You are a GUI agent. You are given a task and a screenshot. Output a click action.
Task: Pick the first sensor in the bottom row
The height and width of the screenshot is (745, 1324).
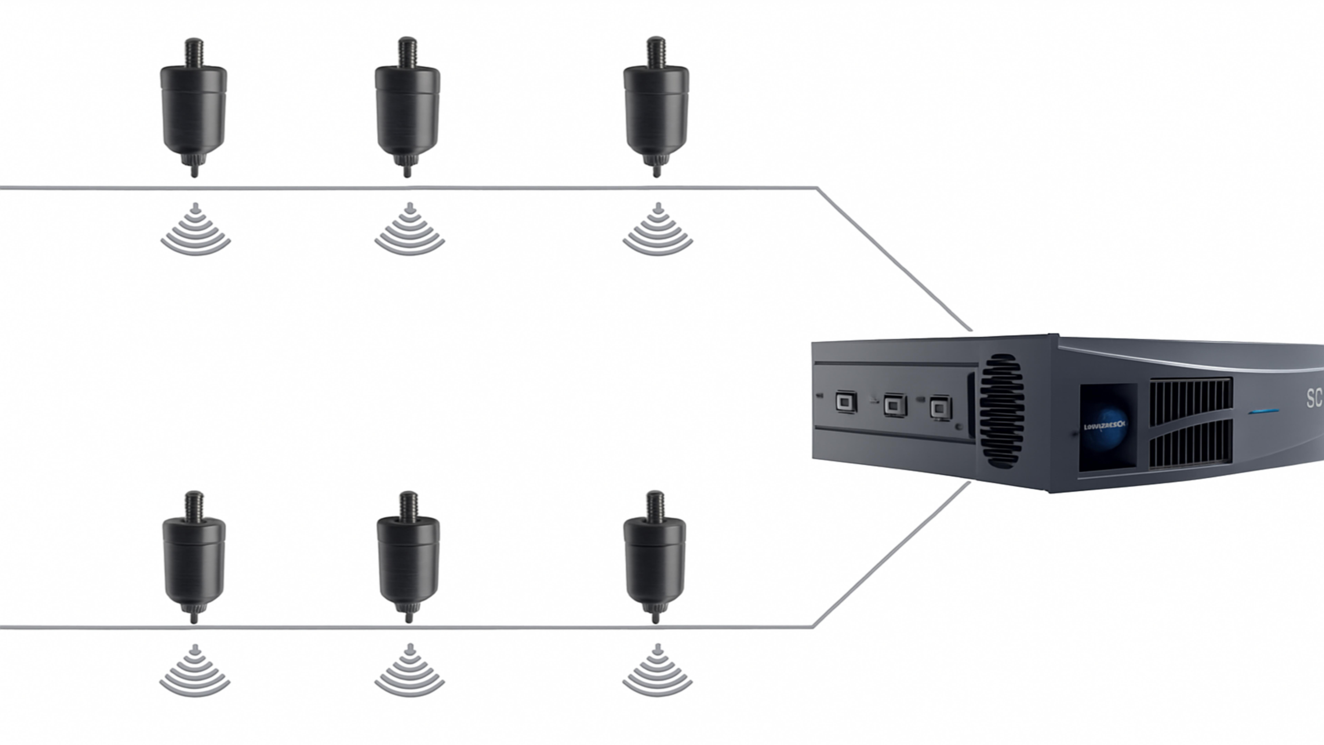(194, 560)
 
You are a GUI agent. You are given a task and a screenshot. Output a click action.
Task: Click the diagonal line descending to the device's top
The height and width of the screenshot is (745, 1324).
(894, 260)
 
